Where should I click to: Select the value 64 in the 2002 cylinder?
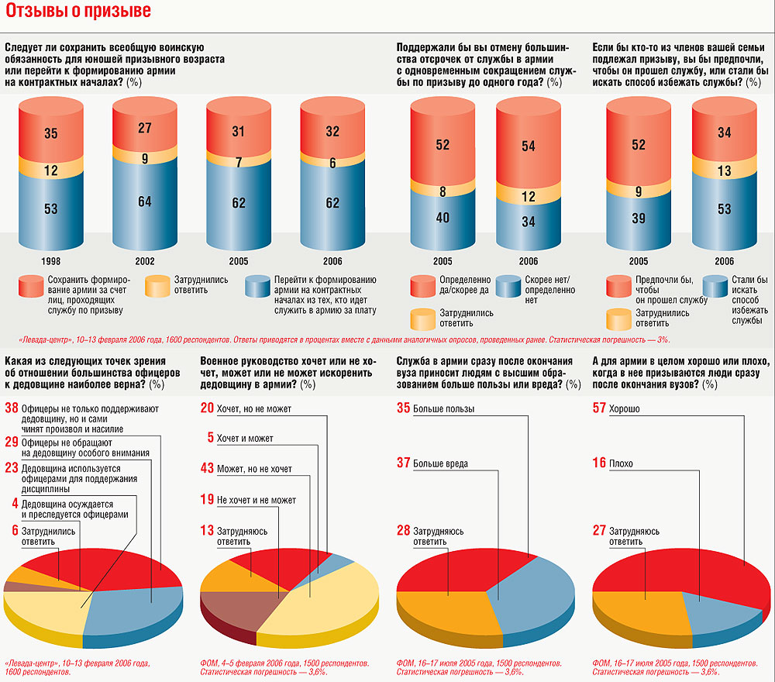[x=144, y=202]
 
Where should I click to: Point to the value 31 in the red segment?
[x=238, y=132]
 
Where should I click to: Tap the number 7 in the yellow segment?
[x=238, y=163]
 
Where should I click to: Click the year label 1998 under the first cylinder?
[x=50, y=261]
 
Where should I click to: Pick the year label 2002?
[x=144, y=261]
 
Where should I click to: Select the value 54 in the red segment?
[x=529, y=146]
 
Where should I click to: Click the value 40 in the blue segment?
[x=443, y=218]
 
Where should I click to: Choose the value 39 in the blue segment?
[x=638, y=219]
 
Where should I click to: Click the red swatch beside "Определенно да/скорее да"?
[x=424, y=285]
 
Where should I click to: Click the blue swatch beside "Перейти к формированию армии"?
[x=258, y=285]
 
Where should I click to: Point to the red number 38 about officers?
[x=12, y=408]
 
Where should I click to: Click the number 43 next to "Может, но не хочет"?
[x=207, y=469]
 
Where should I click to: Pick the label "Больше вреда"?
[x=440, y=464]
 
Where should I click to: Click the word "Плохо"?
[x=621, y=464]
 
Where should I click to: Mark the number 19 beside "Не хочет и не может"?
[x=207, y=500]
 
